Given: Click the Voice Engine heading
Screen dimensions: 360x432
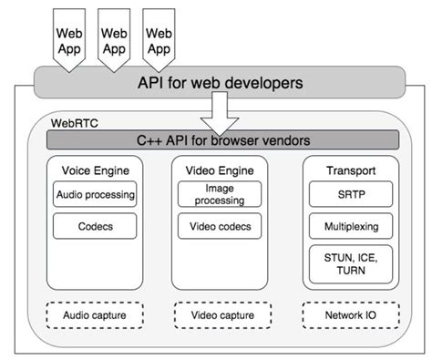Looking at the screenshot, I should tap(96, 170).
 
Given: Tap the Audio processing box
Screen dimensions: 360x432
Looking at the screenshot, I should tap(96, 194).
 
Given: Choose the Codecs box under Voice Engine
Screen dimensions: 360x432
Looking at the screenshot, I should tap(96, 225).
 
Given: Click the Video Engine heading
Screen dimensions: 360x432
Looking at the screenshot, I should tap(219, 170).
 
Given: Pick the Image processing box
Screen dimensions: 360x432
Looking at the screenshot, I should tap(219, 194).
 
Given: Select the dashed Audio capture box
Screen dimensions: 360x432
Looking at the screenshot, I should tap(96, 316).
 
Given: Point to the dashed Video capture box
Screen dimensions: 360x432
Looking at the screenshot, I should tap(219, 316).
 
